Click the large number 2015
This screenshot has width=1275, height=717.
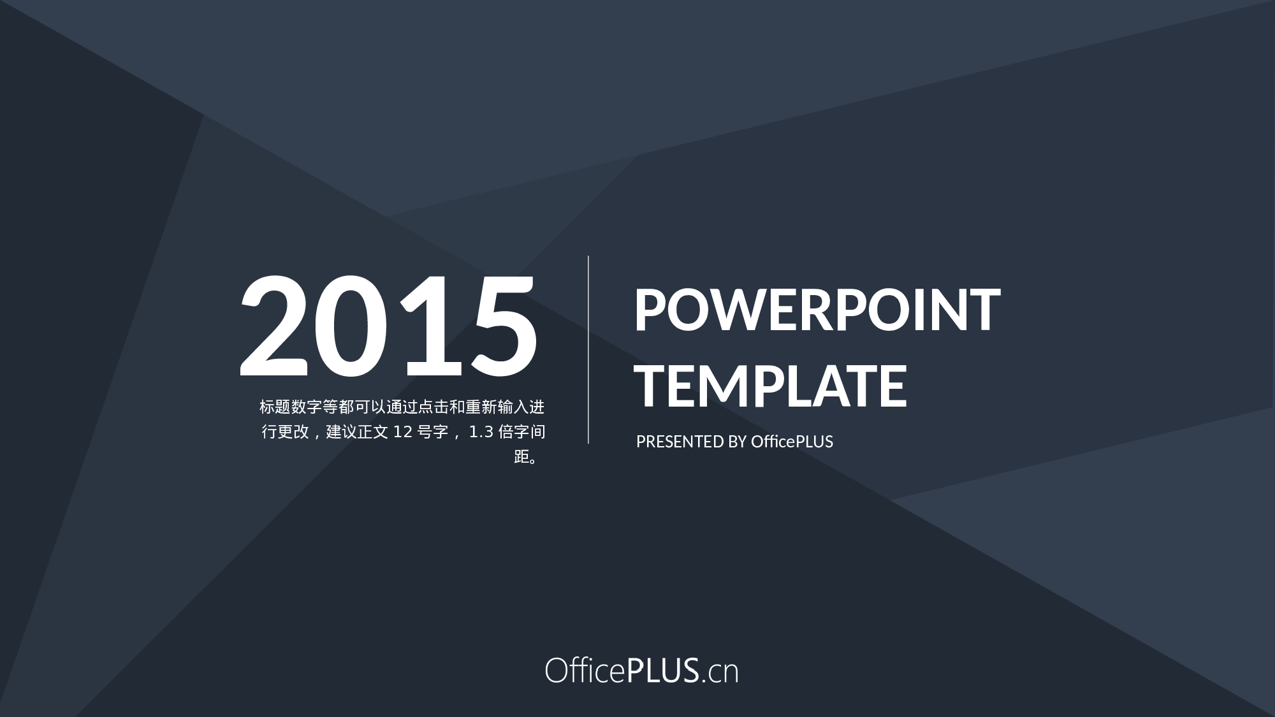coord(388,325)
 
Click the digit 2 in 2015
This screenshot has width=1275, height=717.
coord(274,325)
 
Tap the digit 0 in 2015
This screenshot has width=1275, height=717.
coord(351,325)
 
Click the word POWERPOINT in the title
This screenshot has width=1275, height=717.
coord(817,310)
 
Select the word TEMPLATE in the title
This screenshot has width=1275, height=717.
coord(772,386)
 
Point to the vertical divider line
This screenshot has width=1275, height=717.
coord(588,349)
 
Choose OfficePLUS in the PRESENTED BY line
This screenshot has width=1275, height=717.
coord(792,442)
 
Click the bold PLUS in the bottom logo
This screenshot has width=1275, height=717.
coord(663,671)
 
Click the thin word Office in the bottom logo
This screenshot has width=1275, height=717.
coord(585,670)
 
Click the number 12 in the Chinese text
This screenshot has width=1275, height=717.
coord(402,432)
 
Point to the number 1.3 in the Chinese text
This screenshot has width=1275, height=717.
coord(481,432)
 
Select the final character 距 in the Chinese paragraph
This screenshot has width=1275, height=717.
coord(521,457)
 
